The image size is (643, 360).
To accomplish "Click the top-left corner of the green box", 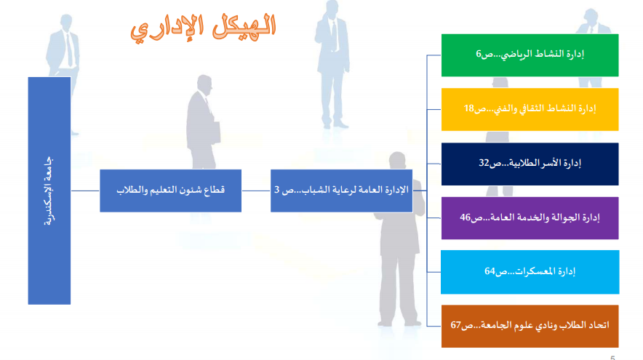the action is pyautogui.click(x=442, y=34).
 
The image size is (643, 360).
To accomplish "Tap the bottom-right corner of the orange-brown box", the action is pyautogui.click(x=618, y=348).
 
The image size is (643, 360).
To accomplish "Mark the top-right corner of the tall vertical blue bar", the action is pyautogui.click(x=71, y=77).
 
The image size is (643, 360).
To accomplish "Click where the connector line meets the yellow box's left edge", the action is pyautogui.click(x=442, y=110).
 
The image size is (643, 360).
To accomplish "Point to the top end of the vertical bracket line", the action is pyautogui.click(x=427, y=55).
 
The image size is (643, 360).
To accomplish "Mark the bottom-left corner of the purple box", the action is pyautogui.click(x=442, y=239).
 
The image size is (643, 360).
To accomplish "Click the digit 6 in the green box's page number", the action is pyautogui.click(x=479, y=54).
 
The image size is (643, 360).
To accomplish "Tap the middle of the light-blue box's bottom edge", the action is pyautogui.click(x=530, y=294).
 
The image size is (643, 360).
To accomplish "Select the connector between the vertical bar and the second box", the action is pyautogui.click(x=85, y=191).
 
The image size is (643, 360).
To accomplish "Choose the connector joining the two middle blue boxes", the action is pyautogui.click(x=256, y=191).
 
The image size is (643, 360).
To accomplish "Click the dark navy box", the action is pyautogui.click(x=530, y=164).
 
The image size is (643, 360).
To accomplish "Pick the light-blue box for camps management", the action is pyautogui.click(x=530, y=272).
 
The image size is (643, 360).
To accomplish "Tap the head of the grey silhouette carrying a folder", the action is pyautogui.click(x=204, y=84).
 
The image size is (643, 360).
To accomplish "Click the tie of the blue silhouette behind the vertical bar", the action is pyautogui.click(x=70, y=50).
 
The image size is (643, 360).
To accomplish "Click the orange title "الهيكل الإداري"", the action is pyautogui.click(x=203, y=28).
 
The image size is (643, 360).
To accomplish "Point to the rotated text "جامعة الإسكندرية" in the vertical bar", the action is pyautogui.click(x=49, y=191).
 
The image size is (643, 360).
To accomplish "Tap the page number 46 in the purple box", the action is pyautogui.click(x=465, y=217).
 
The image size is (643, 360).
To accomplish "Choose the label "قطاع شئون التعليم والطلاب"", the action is pyautogui.click(x=171, y=191).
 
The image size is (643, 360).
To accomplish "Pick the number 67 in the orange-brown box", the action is pyautogui.click(x=456, y=325).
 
